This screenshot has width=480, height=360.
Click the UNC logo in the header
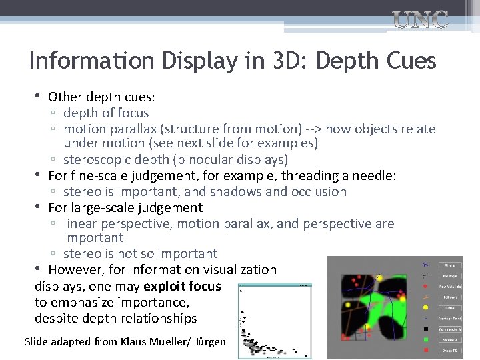[419, 20]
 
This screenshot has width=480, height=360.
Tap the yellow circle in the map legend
[425, 307]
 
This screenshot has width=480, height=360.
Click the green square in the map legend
[425, 339]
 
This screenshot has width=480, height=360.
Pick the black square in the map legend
[425, 329]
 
